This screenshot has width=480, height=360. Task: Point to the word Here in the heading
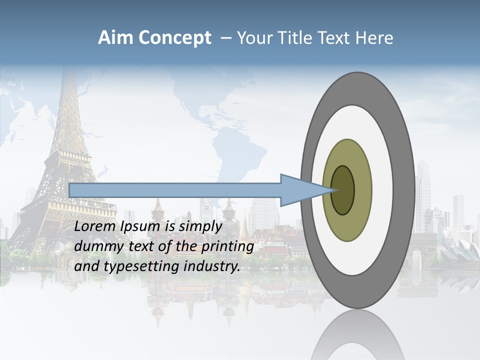click(x=373, y=38)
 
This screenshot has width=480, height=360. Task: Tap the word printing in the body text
click(x=226, y=247)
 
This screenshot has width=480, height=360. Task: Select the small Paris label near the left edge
click(x=8, y=78)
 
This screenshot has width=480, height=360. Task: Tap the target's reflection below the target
click(x=357, y=335)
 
